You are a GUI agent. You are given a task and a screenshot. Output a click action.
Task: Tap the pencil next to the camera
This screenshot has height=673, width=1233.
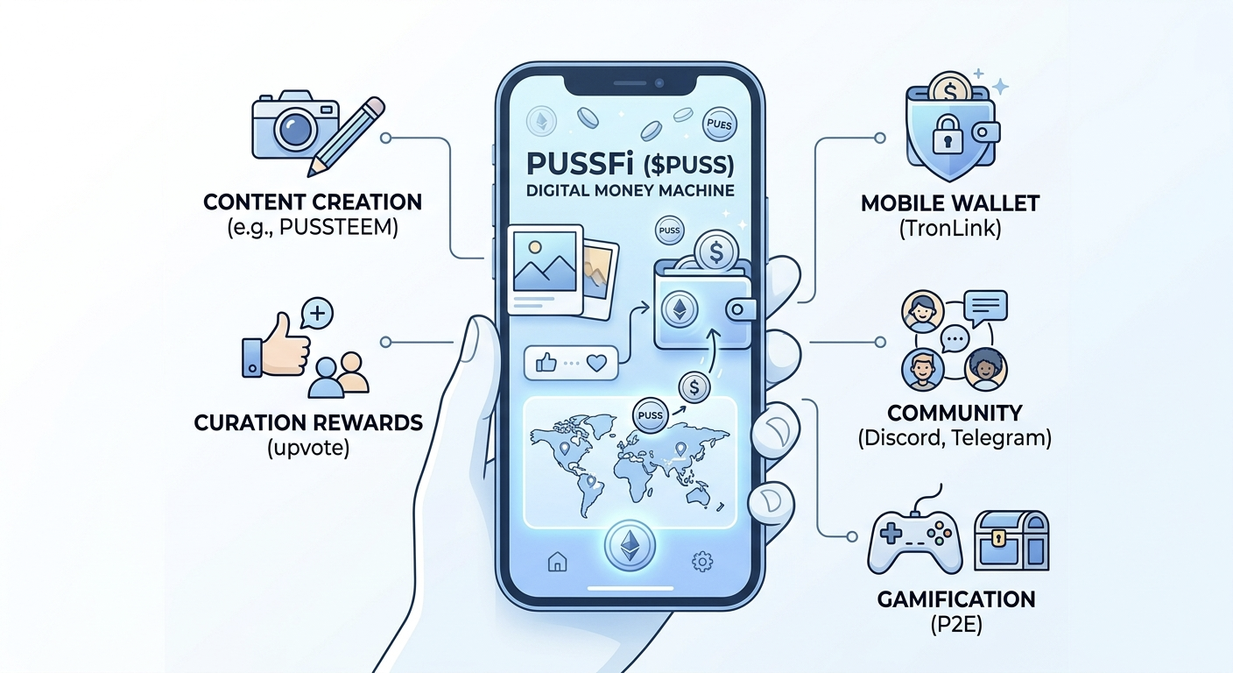(346, 137)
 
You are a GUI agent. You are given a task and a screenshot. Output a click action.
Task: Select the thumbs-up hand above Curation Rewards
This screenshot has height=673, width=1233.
(277, 347)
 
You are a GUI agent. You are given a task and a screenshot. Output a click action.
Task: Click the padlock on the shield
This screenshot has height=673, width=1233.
(948, 134)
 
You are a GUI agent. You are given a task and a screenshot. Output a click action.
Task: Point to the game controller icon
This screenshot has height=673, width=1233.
(915, 539)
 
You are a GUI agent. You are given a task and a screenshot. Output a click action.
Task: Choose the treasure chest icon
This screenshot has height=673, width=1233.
(1011, 541)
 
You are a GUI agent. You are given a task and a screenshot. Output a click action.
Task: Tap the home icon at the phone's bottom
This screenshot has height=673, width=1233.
(558, 562)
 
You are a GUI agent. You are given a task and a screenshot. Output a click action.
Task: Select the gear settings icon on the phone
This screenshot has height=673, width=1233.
(701, 562)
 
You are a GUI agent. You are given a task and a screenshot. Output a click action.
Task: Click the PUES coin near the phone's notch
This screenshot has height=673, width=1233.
(720, 124)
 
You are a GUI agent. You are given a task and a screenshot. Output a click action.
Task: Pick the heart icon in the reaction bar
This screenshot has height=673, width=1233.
(596, 363)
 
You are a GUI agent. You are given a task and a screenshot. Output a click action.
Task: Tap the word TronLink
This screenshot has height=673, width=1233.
(951, 228)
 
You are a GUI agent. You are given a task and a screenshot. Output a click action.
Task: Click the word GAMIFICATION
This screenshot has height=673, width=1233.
(956, 599)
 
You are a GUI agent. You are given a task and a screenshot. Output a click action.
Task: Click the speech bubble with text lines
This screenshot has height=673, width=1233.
(986, 308)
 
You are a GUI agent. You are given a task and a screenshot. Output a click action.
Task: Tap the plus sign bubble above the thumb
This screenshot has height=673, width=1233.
(317, 314)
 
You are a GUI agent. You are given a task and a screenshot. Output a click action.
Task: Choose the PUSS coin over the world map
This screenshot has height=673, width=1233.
(650, 415)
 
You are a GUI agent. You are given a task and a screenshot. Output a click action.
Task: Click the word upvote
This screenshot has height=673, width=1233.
(308, 449)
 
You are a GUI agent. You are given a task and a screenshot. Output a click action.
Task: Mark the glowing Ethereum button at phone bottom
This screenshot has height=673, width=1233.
(630, 545)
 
